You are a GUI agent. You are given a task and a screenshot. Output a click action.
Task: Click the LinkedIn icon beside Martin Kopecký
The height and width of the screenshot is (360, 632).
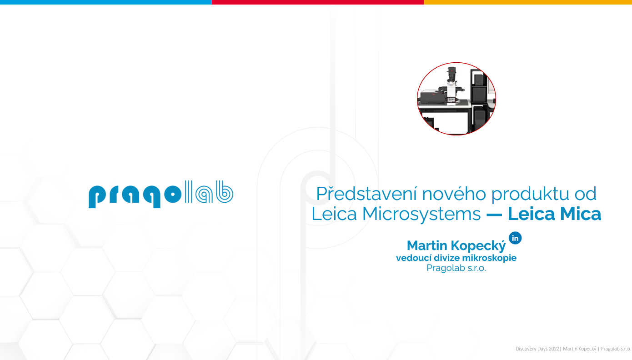click(x=515, y=238)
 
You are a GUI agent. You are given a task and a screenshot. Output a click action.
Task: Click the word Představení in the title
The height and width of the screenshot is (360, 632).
click(x=366, y=194)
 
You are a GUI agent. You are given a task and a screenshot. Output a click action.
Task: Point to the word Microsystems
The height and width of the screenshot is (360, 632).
click(x=421, y=214)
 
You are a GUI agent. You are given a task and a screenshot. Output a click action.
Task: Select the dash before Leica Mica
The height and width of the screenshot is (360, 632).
click(x=494, y=215)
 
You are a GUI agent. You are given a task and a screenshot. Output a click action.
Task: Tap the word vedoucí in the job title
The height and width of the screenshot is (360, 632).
click(x=414, y=258)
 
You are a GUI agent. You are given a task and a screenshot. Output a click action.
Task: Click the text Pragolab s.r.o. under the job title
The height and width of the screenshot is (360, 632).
click(x=456, y=268)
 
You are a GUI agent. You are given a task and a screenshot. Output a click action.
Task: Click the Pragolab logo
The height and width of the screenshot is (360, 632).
click(x=161, y=194)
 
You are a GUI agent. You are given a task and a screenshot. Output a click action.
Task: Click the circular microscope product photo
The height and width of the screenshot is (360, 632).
click(x=456, y=99)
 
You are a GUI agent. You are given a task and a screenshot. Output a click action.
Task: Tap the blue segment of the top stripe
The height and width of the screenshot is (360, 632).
click(x=106, y=2)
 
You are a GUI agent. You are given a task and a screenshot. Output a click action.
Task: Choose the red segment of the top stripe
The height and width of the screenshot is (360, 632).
click(x=318, y=2)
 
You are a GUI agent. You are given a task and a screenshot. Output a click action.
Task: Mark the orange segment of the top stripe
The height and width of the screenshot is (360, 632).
click(x=528, y=2)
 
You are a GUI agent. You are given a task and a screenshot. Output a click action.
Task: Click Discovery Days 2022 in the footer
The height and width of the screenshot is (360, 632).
click(x=537, y=349)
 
